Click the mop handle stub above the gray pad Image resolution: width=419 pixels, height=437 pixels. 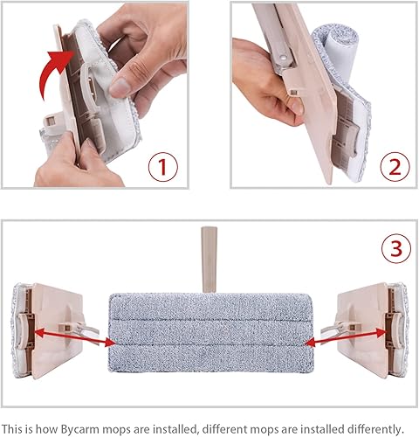(208, 260)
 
